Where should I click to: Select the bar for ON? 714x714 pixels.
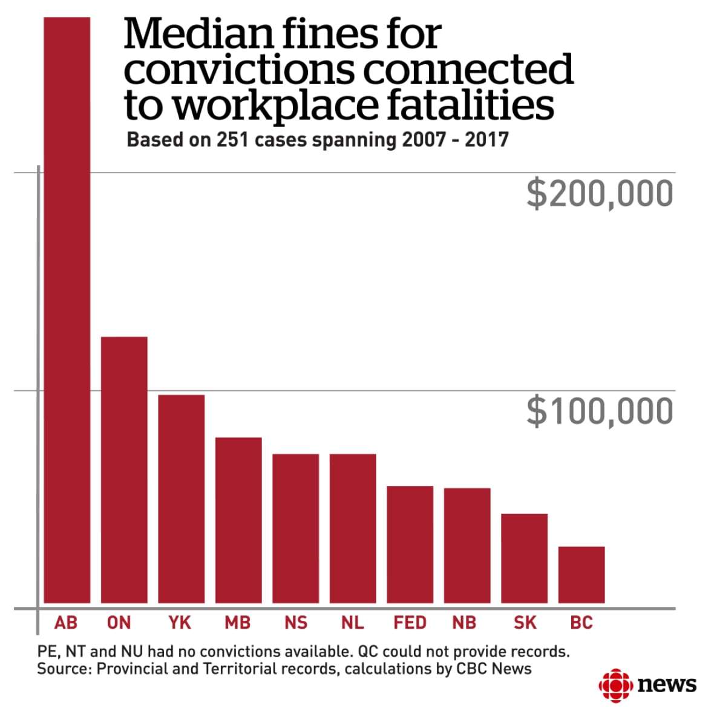124,470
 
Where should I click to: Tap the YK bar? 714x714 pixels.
181,499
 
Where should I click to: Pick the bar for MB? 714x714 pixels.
238,520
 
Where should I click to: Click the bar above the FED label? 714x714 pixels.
410,544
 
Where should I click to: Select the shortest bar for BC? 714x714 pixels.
581,574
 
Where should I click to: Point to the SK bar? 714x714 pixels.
524,558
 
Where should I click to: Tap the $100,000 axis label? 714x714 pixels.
600,411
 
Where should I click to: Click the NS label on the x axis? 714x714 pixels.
296,623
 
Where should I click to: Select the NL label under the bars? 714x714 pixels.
353,623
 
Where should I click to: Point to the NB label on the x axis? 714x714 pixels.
464,623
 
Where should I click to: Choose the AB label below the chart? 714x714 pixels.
66,623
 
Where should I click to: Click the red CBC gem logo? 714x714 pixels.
614,686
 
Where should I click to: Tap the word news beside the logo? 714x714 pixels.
667,685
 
